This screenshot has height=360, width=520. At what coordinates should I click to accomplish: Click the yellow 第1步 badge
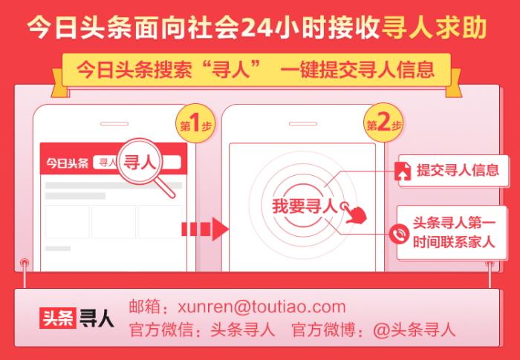[x=195, y=125]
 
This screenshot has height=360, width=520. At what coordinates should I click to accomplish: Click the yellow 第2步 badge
[x=383, y=124]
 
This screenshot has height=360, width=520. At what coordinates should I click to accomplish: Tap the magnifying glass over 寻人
[x=145, y=166]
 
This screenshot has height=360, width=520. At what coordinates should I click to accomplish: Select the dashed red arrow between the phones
[x=204, y=229]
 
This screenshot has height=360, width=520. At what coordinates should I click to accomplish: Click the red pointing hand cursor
[x=355, y=214]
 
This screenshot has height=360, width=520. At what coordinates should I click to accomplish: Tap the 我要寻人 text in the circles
[x=305, y=206]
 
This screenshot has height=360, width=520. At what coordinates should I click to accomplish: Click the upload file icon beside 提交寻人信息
[x=403, y=171]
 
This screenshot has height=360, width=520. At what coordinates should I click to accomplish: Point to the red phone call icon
[x=399, y=233]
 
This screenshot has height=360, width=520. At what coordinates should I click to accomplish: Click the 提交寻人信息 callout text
[x=458, y=171]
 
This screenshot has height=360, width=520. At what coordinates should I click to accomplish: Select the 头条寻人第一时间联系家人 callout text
[x=454, y=232]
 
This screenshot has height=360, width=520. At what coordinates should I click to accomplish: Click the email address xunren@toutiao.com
[x=261, y=307]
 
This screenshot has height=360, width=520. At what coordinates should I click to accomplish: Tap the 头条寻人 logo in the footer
[x=77, y=318]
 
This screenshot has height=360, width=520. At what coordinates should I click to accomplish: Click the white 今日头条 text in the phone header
[x=68, y=163]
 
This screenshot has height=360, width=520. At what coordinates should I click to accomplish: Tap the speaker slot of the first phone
[x=114, y=124]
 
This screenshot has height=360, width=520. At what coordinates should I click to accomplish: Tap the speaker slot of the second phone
[x=303, y=124]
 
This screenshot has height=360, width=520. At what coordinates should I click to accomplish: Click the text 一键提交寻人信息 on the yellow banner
[x=357, y=70]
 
